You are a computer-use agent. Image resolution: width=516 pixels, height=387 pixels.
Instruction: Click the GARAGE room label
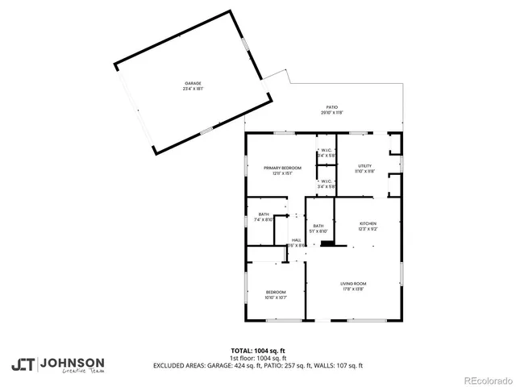[191, 83]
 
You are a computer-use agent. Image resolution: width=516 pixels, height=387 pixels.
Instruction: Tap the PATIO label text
[331, 107]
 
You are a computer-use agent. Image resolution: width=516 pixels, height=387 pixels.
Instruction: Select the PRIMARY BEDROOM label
[277, 167]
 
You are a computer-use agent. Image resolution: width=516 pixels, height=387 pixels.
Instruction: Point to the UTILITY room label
[365, 165]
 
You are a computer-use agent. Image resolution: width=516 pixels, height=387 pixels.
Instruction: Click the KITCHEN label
[368, 223]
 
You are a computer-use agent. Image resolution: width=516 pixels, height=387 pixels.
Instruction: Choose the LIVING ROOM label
[353, 284]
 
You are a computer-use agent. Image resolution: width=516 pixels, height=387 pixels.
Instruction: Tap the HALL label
[296, 239]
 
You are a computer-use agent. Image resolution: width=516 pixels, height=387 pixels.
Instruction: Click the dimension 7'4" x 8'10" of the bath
[264, 219]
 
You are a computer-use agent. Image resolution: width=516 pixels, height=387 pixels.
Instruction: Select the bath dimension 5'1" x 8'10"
[318, 231]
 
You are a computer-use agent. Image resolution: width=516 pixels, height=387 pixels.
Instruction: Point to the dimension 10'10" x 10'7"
[276, 298]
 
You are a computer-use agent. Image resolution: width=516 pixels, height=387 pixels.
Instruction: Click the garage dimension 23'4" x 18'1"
[191, 89]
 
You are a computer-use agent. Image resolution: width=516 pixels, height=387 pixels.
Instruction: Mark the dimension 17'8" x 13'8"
[353, 289]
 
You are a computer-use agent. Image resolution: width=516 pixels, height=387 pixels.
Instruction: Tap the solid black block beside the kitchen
[326, 242]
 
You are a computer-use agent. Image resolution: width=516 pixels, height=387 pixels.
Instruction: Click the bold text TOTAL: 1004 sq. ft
[258, 351]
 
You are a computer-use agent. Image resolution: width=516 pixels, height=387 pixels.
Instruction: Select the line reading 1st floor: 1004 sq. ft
[258, 358]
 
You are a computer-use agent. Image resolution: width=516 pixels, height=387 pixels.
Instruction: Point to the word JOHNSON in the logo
[72, 363]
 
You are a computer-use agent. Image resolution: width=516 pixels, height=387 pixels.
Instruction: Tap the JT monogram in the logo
[23, 364]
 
